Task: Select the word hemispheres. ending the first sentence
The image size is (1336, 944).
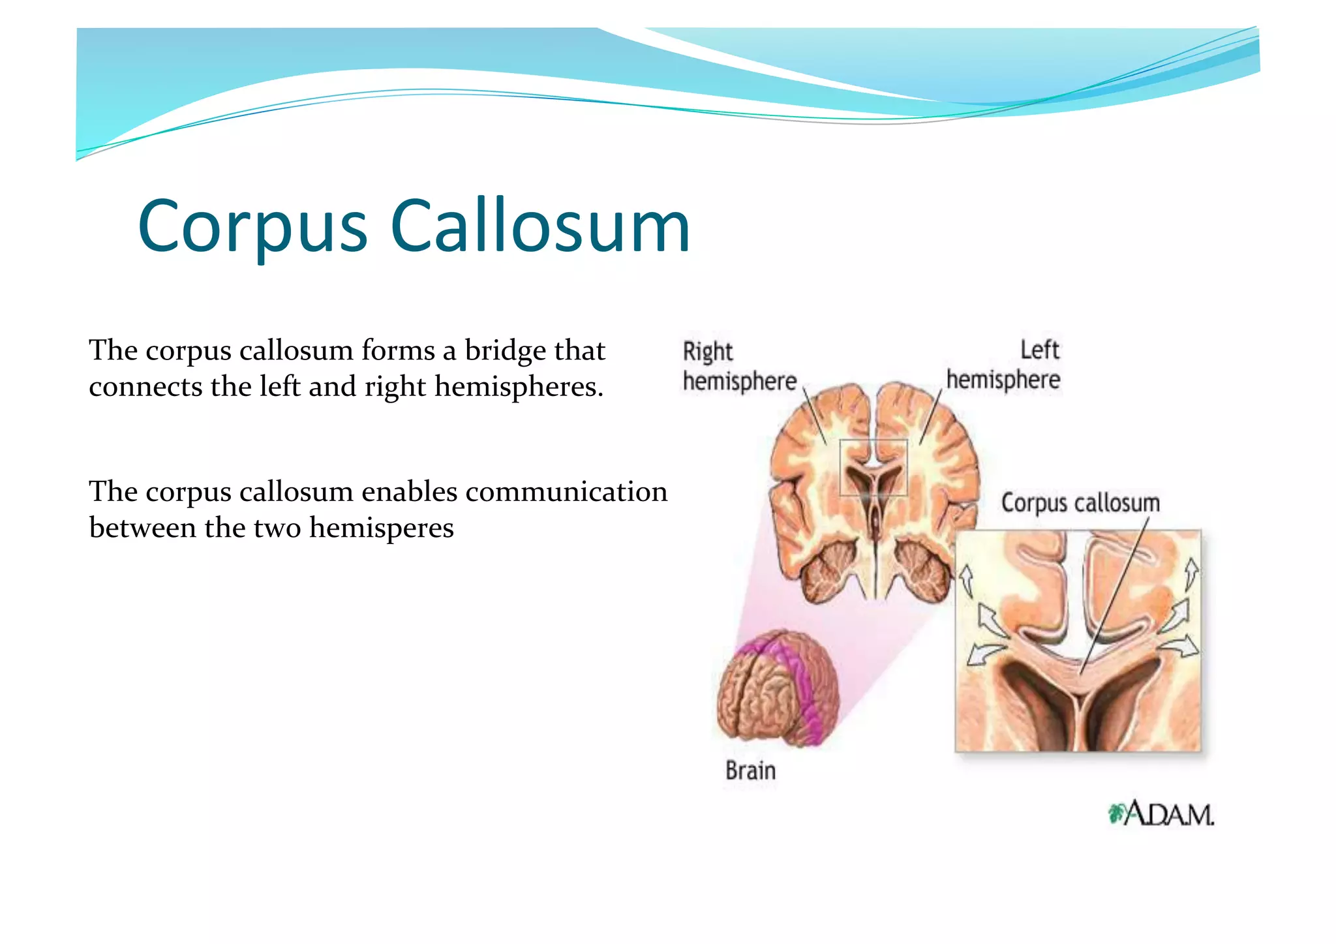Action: pos(519,387)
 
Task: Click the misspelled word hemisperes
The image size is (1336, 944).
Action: pos(381,528)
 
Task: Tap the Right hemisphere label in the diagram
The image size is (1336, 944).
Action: pos(738,367)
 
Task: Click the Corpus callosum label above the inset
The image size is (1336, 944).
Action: pos(1080,503)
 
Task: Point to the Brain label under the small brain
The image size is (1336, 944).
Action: pos(750,771)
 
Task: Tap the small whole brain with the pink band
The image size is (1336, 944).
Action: pos(776,689)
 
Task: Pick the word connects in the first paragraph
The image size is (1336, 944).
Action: pos(145,387)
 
